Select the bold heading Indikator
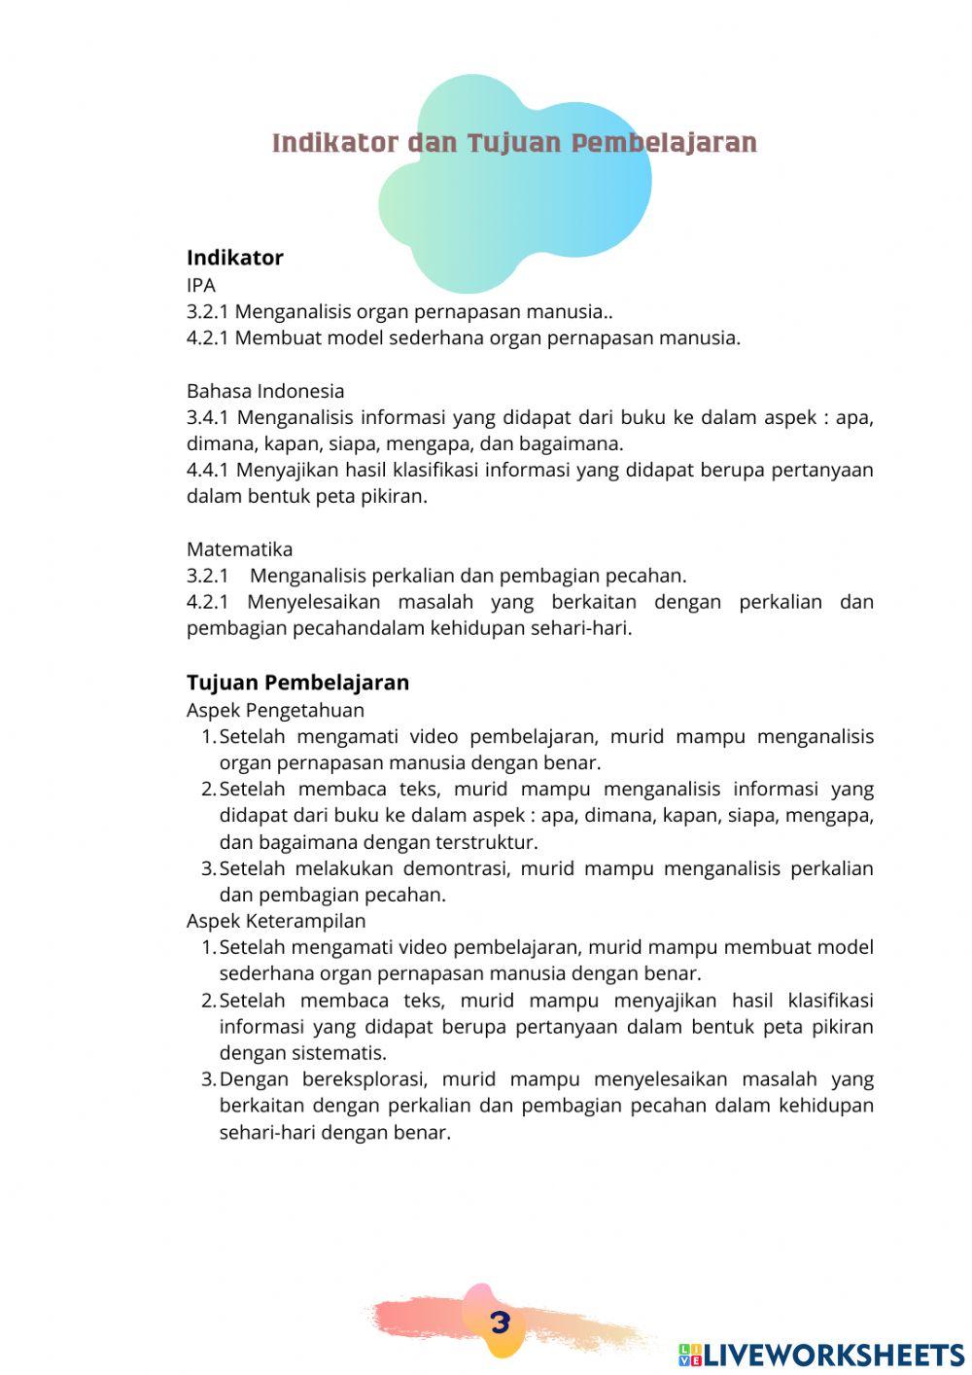pos(234,258)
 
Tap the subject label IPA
pos(201,285)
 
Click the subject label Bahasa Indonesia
pos(265,391)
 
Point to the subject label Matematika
pos(239,549)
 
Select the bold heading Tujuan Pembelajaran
pos(297,683)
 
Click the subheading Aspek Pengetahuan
pos(275,710)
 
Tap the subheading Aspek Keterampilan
pos(276,921)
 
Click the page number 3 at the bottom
pos(500,1322)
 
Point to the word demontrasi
pos(455,868)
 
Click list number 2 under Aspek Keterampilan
pos(208,1001)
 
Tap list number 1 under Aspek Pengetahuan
pos(208,737)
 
